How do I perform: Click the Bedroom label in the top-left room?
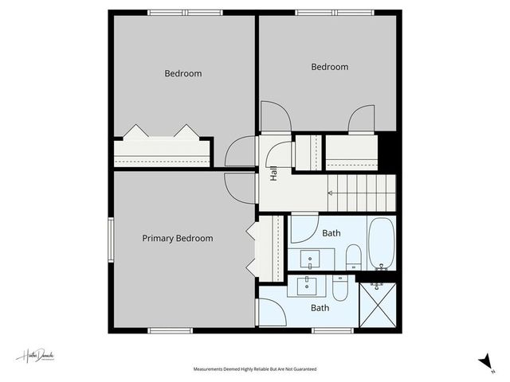183,74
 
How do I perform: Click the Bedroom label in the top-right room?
329,68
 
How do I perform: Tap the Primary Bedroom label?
178,238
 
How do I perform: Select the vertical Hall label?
274,173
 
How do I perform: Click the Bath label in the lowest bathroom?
320,308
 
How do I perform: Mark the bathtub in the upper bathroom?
381,244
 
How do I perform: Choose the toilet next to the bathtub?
353,257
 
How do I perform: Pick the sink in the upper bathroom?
310,258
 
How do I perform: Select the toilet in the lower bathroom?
340,288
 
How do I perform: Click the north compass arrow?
484,362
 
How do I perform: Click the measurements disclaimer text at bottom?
255,369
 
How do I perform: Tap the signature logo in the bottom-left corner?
35,357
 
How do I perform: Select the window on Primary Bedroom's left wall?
111,239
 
